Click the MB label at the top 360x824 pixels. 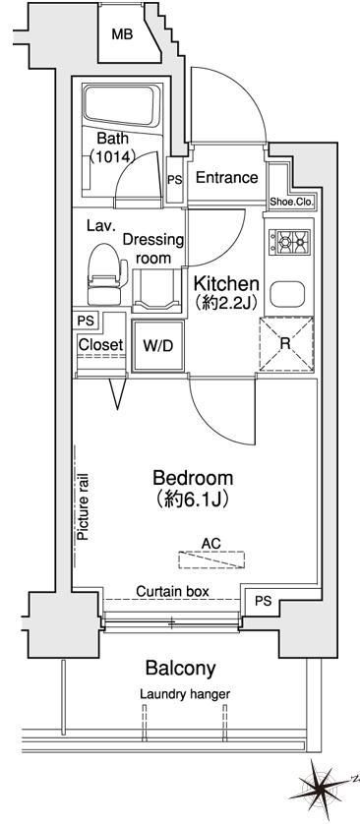[122, 34]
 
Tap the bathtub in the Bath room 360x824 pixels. [121, 105]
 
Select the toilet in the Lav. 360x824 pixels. [106, 274]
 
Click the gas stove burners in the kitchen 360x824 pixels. [289, 242]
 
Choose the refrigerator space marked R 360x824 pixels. [286, 344]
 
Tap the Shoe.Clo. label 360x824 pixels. [291, 203]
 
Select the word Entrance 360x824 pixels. [226, 178]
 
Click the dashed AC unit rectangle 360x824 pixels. [211, 559]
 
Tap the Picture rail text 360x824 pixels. [83, 507]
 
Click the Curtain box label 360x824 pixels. [172, 591]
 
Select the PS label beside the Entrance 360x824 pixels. [174, 180]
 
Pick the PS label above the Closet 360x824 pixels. [84, 320]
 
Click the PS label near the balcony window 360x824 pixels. [264, 601]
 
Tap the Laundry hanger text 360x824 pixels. [185, 694]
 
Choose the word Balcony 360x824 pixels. [180, 669]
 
